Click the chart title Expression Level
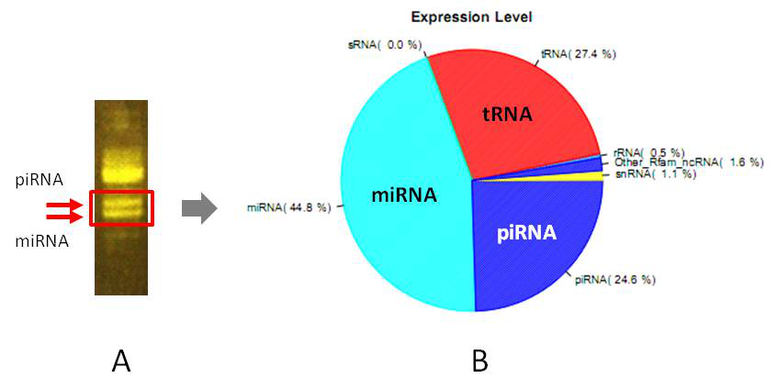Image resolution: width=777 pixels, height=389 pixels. point(471,17)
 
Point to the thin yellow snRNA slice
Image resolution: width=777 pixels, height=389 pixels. point(588,176)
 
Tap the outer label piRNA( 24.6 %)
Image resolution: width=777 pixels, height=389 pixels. point(614,279)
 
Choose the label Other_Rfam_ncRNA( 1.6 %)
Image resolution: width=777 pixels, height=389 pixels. point(687,162)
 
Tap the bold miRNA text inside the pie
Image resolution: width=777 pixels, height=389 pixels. point(404,194)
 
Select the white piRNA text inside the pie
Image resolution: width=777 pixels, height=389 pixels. point(525,233)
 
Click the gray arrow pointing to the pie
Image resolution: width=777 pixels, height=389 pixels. point(198,208)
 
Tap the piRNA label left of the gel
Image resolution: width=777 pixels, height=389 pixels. point(39,180)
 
